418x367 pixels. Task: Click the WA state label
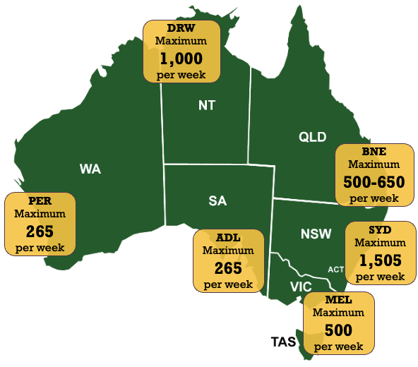point(90,169)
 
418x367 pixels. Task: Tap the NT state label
point(206,106)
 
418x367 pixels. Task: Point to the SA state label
point(217,201)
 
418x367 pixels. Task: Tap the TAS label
point(285,342)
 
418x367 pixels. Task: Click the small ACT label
point(336,270)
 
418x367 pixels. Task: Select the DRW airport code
point(181,28)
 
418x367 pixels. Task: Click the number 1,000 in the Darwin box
point(181,58)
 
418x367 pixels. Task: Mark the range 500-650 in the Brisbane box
point(374,182)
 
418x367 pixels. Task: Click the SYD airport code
point(380,231)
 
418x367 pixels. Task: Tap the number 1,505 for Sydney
point(380,260)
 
